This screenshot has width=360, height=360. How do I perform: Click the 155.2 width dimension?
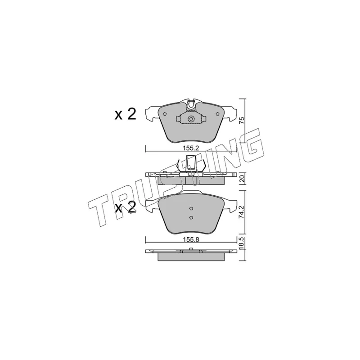190,148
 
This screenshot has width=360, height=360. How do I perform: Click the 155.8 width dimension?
191,240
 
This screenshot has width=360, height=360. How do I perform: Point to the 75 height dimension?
242,121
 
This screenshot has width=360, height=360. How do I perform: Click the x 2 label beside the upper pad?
126,114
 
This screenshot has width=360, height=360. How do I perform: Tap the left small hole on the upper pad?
165,114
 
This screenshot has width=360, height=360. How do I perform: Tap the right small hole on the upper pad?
217,114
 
